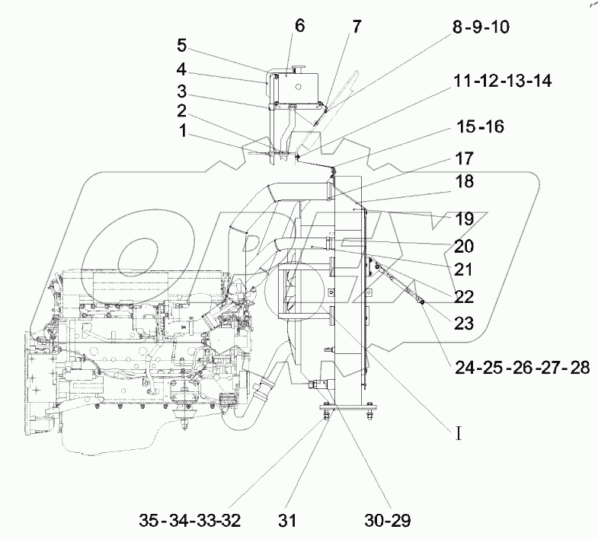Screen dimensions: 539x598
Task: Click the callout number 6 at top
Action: click(299, 26)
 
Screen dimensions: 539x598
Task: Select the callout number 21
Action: click(464, 269)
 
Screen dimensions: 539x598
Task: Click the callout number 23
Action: click(464, 324)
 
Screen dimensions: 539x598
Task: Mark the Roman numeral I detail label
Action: click(459, 435)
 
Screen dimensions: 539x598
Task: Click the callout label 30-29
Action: click(389, 521)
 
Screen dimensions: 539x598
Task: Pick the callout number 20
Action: click(464, 247)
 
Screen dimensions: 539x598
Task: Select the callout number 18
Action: click(464, 182)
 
